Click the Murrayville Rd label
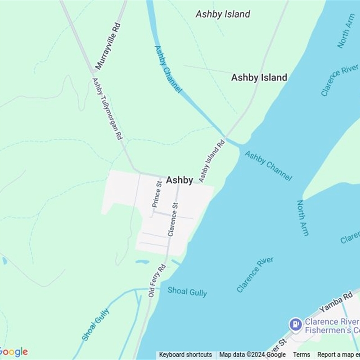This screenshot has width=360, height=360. pyautogui.click(x=108, y=46)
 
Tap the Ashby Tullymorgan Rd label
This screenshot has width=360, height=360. pyautogui.click(x=107, y=108)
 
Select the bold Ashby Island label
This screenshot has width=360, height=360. pyautogui.click(x=259, y=77)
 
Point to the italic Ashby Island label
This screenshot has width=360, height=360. pyautogui.click(x=223, y=14)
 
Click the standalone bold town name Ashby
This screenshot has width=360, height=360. pyautogui.click(x=180, y=180)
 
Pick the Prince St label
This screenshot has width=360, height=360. pyautogui.click(x=157, y=194)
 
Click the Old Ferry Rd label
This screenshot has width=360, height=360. pyautogui.click(x=157, y=280)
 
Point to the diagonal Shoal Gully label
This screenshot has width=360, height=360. pyautogui.click(x=96, y=324)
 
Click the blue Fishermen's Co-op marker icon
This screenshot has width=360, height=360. pyautogui.click(x=295, y=324)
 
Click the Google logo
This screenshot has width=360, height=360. pyautogui.click(x=14, y=352)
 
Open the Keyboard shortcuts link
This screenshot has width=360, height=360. pyautogui.click(x=185, y=355)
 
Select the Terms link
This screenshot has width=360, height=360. pyautogui.click(x=301, y=355)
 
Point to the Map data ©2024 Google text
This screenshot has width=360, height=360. pyautogui.click(x=252, y=355)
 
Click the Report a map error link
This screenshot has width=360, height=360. pyautogui.click(x=338, y=355)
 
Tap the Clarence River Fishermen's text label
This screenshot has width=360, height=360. pyautogui.click(x=332, y=326)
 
